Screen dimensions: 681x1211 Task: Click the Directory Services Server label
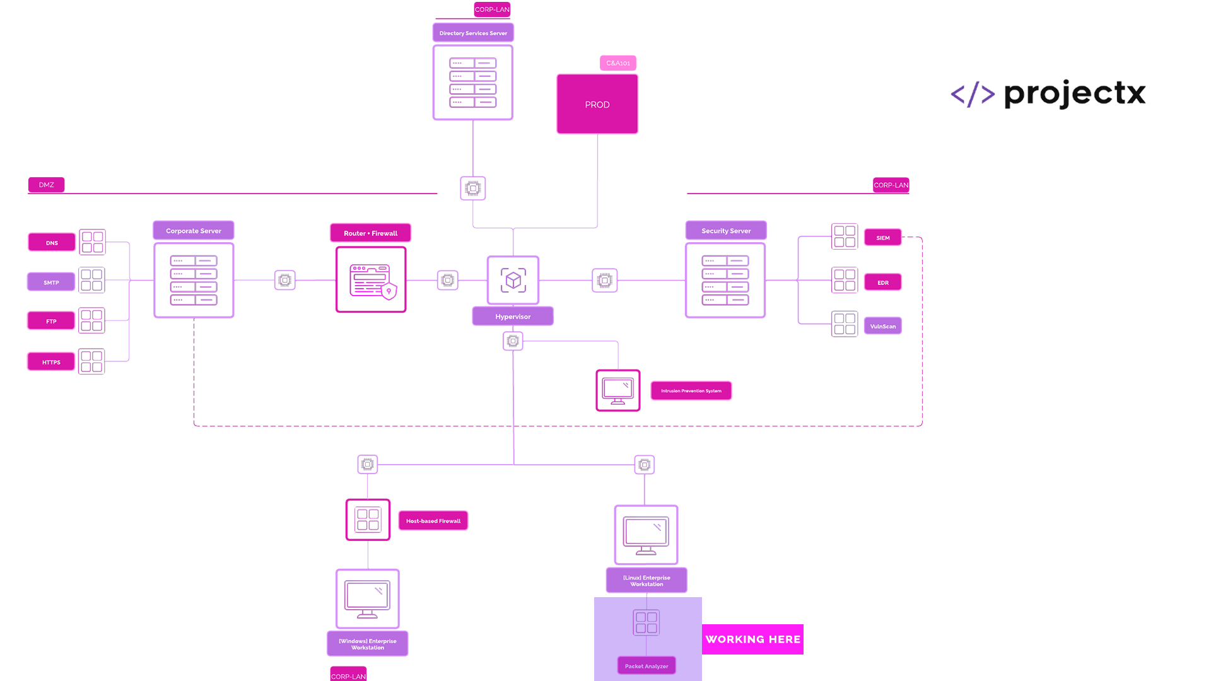pyautogui.click(x=473, y=33)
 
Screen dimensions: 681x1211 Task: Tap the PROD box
pyautogui.click(x=597, y=104)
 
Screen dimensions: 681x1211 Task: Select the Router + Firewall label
pyautogui.click(x=370, y=233)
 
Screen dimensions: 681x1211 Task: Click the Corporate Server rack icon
pyautogui.click(x=194, y=280)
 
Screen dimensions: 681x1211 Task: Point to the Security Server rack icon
pyautogui.click(x=725, y=280)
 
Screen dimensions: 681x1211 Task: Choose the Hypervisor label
pyautogui.click(x=513, y=317)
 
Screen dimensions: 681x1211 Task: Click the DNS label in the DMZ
pyautogui.click(x=52, y=243)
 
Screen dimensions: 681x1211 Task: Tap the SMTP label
pyautogui.click(x=51, y=282)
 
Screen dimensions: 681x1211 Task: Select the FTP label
pyautogui.click(x=51, y=322)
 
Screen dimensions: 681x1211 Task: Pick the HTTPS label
pyautogui.click(x=51, y=363)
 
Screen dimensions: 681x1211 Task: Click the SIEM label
pyautogui.click(x=883, y=238)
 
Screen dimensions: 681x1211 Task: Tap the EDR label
pyautogui.click(x=883, y=282)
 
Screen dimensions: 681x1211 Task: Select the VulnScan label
pyautogui.click(x=883, y=327)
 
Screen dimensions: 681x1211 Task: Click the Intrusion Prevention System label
pyautogui.click(x=691, y=391)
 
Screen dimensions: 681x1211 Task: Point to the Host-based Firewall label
pyautogui.click(x=433, y=521)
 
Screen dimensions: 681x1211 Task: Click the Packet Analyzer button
pyautogui.click(x=646, y=666)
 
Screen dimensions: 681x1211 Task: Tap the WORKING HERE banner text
pyautogui.click(x=753, y=639)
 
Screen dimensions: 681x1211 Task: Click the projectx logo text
pyautogui.click(x=1075, y=95)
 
